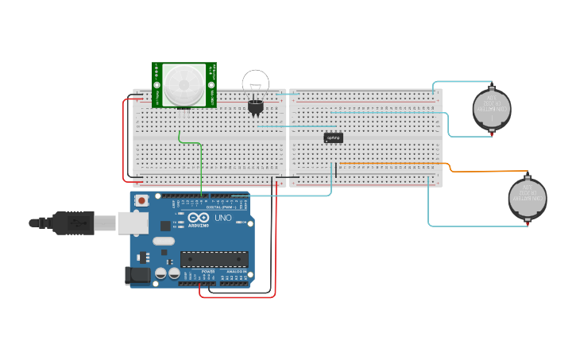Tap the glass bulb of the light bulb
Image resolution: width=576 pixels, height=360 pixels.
pyautogui.click(x=256, y=82)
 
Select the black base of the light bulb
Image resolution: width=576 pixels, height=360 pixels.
pyautogui.click(x=255, y=106)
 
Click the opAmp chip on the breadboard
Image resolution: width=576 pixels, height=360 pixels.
pyautogui.click(x=334, y=137)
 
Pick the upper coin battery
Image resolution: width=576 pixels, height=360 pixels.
pyautogui.click(x=493, y=108)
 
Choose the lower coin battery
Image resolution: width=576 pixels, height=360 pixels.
pyautogui.click(x=528, y=198)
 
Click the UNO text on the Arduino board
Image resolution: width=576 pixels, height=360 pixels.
pyautogui.click(x=223, y=219)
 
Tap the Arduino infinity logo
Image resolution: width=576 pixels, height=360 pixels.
pyautogui.click(x=199, y=218)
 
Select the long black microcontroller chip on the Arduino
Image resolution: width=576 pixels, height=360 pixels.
pyautogui.click(x=214, y=259)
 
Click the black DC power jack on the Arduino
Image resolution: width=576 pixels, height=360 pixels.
pyautogui.click(x=137, y=276)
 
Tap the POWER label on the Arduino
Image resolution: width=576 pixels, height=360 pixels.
pyautogui.click(x=208, y=272)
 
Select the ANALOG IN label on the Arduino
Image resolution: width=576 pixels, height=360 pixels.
pyautogui.click(x=236, y=272)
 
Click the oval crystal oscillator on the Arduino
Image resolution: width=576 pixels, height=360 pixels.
pyautogui.click(x=163, y=241)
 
